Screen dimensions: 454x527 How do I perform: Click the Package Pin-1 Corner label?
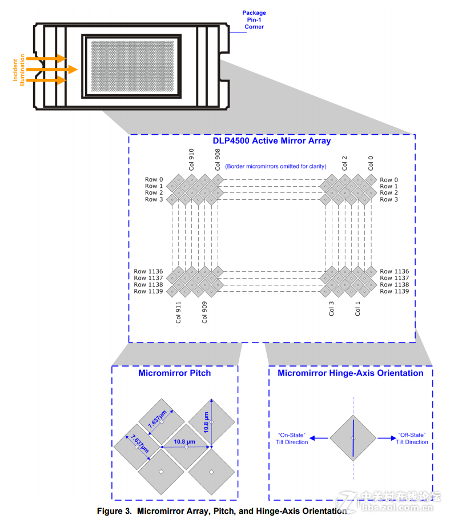pos(254,20)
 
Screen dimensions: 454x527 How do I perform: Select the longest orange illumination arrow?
pos(52,70)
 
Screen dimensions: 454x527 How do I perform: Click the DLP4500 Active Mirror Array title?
pos(271,140)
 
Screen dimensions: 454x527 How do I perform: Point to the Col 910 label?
pos(191,159)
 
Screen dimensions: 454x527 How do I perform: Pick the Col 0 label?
pos(371,163)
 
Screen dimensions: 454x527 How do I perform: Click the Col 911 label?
pos(178,312)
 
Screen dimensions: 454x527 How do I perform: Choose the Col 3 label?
pos(331,308)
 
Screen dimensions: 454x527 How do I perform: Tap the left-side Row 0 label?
pos(154,179)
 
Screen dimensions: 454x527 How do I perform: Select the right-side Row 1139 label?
pos(395,291)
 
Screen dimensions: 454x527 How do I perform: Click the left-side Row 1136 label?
pos(148,271)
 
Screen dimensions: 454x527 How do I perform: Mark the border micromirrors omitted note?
pos(276,166)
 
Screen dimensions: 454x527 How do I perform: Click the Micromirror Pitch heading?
pos(175,373)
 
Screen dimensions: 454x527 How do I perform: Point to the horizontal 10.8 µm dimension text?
pos(184,441)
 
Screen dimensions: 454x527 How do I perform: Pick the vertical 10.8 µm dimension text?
pos(206,422)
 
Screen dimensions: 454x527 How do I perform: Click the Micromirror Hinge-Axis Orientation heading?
pos(351,373)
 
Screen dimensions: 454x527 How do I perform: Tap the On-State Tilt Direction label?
pos(292,439)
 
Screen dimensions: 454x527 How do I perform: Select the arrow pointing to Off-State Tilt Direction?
pos(387,438)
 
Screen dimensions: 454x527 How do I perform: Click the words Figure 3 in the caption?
pos(114,511)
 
